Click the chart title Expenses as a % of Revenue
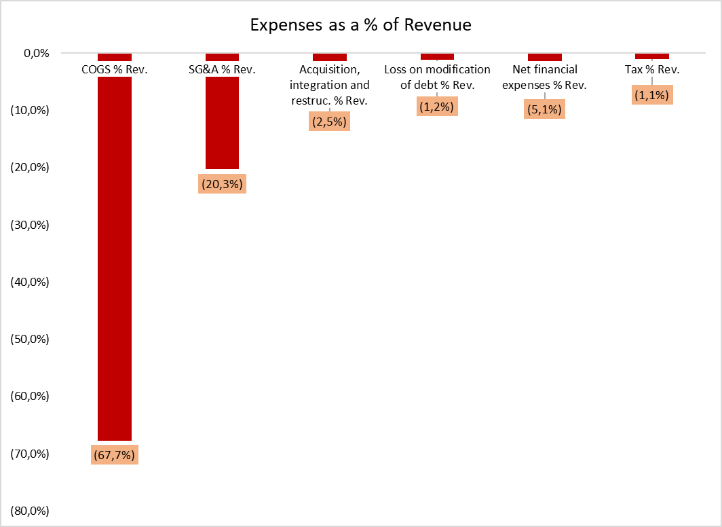pos(360,25)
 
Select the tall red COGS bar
pos(115,258)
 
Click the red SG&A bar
pos(222,122)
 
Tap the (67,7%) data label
pos(115,454)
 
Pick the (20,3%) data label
pos(222,183)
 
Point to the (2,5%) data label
pos(329,122)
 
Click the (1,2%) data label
pos(437,106)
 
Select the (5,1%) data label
pos(544,109)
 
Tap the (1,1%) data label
pos(651,96)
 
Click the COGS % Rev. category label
pos(115,69)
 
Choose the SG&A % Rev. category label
pos(222,69)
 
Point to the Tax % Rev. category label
pos(651,69)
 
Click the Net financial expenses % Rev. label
pos(544,77)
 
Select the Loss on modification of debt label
pos(437,77)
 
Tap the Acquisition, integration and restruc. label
pos(329,85)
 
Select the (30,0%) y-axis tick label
pos(31,224)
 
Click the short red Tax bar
pos(651,56)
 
